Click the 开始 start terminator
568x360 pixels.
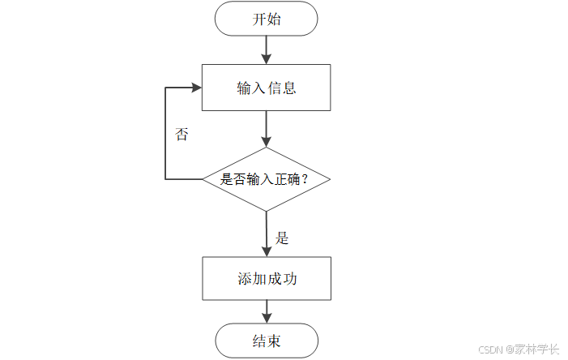pyautogui.click(x=267, y=19)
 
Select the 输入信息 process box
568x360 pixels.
pyautogui.click(x=267, y=88)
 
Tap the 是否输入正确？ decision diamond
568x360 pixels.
pyautogui.click(x=267, y=179)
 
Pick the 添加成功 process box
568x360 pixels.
pyautogui.click(x=267, y=278)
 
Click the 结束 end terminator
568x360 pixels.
pyautogui.click(x=267, y=341)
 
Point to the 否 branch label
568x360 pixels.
pyautogui.click(x=182, y=135)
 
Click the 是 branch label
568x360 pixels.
pyautogui.click(x=282, y=238)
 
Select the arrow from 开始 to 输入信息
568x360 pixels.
pyautogui.click(x=267, y=50)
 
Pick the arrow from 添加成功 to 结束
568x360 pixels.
pyautogui.click(x=267, y=311)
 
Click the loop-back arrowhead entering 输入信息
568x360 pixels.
pyautogui.click(x=195, y=88)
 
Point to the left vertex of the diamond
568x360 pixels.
pyautogui.click(x=203, y=179)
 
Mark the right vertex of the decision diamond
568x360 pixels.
pyautogui.click(x=331, y=179)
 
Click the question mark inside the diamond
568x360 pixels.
pyautogui.click(x=305, y=179)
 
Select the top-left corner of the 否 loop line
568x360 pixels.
pyautogui.click(x=165, y=88)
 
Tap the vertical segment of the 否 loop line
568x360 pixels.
pyautogui.click(x=165, y=134)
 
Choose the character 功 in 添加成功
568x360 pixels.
pyautogui.click(x=289, y=278)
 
